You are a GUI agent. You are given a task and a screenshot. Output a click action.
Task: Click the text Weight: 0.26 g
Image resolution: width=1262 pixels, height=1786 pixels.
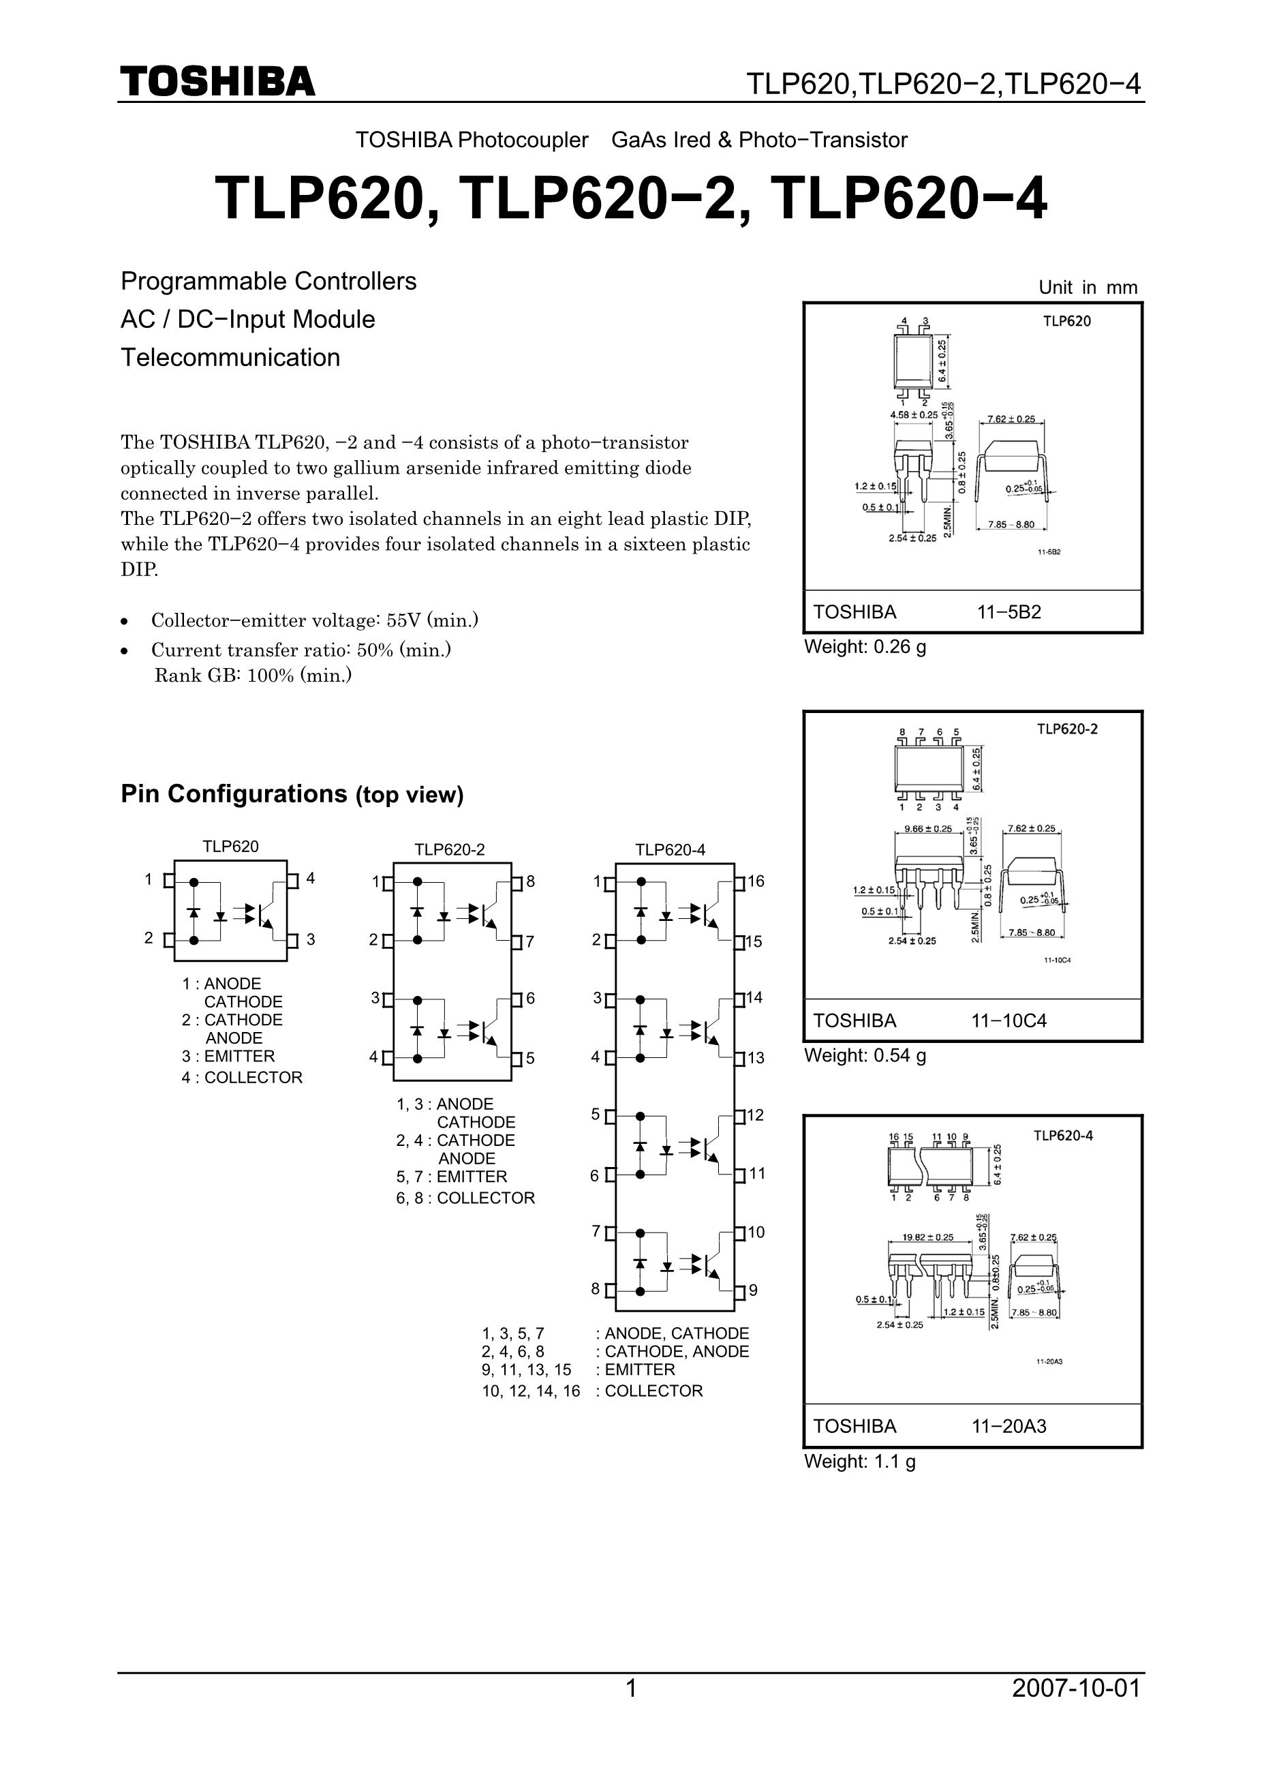[x=865, y=646]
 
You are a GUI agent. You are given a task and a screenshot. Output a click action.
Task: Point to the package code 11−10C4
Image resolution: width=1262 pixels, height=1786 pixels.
[x=1009, y=1020]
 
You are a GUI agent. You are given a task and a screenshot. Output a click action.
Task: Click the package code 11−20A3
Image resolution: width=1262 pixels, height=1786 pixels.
[x=1009, y=1426]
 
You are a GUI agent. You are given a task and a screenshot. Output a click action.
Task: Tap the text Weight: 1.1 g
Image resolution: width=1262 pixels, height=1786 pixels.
[x=859, y=1461]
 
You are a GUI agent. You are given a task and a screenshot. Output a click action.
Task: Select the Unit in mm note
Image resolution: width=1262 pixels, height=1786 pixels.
[x=1087, y=287]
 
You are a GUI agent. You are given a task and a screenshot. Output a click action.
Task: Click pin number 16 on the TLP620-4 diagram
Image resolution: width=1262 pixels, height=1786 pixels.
[x=756, y=881]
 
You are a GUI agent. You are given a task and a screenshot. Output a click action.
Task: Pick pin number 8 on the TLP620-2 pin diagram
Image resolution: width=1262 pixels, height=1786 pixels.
[x=530, y=881]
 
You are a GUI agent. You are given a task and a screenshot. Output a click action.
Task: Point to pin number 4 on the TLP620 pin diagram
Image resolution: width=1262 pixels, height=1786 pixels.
[x=310, y=878]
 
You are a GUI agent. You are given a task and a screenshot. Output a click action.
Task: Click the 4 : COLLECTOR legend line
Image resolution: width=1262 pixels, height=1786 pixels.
[x=242, y=1077]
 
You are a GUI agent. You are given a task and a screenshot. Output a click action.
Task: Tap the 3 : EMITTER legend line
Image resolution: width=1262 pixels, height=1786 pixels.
[x=228, y=1057]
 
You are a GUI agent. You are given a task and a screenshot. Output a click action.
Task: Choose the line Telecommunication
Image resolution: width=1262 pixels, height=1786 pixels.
[x=230, y=357]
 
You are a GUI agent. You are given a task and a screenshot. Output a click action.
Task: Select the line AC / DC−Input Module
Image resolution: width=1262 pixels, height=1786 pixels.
[x=247, y=319]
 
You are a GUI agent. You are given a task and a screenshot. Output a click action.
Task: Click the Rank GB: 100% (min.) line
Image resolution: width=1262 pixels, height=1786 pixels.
[x=253, y=675]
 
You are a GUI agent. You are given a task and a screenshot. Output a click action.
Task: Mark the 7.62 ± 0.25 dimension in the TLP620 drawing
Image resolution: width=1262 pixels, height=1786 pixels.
[x=1010, y=419]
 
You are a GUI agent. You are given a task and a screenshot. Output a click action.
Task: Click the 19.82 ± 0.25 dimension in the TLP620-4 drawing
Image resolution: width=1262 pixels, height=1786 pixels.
[x=927, y=1237]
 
